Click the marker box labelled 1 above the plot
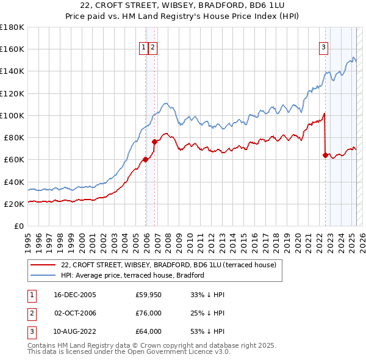point(143,48)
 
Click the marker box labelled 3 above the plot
point(323,48)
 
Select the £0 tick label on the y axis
point(20,226)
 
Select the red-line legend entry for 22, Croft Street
point(169,265)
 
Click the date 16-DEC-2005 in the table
point(75,295)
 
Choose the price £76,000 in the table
point(148,314)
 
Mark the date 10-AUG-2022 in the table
point(75,332)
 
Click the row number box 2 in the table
point(30,314)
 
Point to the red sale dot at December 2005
point(146,160)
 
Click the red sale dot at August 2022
point(325,155)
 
